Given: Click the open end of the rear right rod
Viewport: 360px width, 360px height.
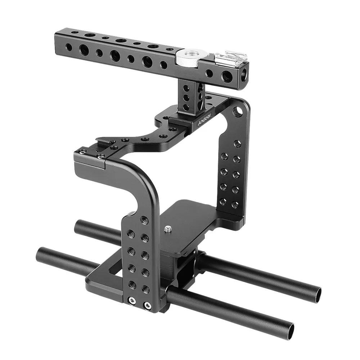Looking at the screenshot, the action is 317,294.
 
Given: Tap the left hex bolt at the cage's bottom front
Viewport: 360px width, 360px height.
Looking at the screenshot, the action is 131,301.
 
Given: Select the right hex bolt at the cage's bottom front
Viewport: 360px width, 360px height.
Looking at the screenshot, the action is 147,305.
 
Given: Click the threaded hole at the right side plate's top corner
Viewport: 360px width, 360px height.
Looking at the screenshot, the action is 237,112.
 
